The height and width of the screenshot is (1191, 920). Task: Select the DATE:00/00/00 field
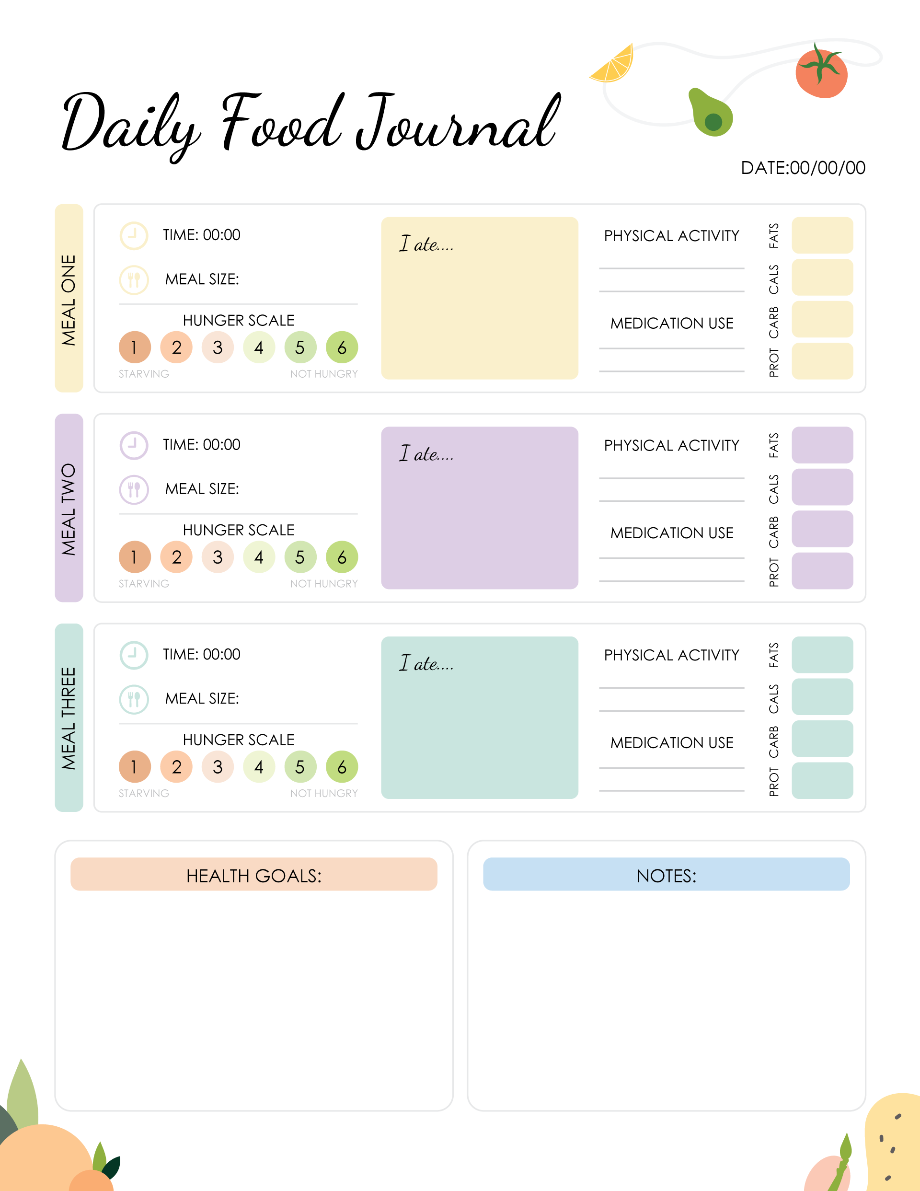(802, 168)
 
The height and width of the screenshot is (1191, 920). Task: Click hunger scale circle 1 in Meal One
(134, 347)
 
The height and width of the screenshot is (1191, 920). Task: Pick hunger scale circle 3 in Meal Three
(218, 767)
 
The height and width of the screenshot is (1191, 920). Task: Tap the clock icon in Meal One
(134, 236)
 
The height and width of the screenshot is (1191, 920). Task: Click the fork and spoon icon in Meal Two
(134, 489)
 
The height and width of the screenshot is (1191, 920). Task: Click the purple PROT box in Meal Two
(822, 571)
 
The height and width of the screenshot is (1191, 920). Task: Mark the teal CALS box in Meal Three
(822, 696)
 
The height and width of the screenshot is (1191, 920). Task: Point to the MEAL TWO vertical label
(69, 508)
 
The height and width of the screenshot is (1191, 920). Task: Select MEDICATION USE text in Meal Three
(671, 743)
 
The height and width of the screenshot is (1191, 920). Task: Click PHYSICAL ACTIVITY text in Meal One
(671, 236)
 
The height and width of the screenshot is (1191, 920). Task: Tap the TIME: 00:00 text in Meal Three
(201, 654)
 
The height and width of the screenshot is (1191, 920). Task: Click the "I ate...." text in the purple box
(426, 454)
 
